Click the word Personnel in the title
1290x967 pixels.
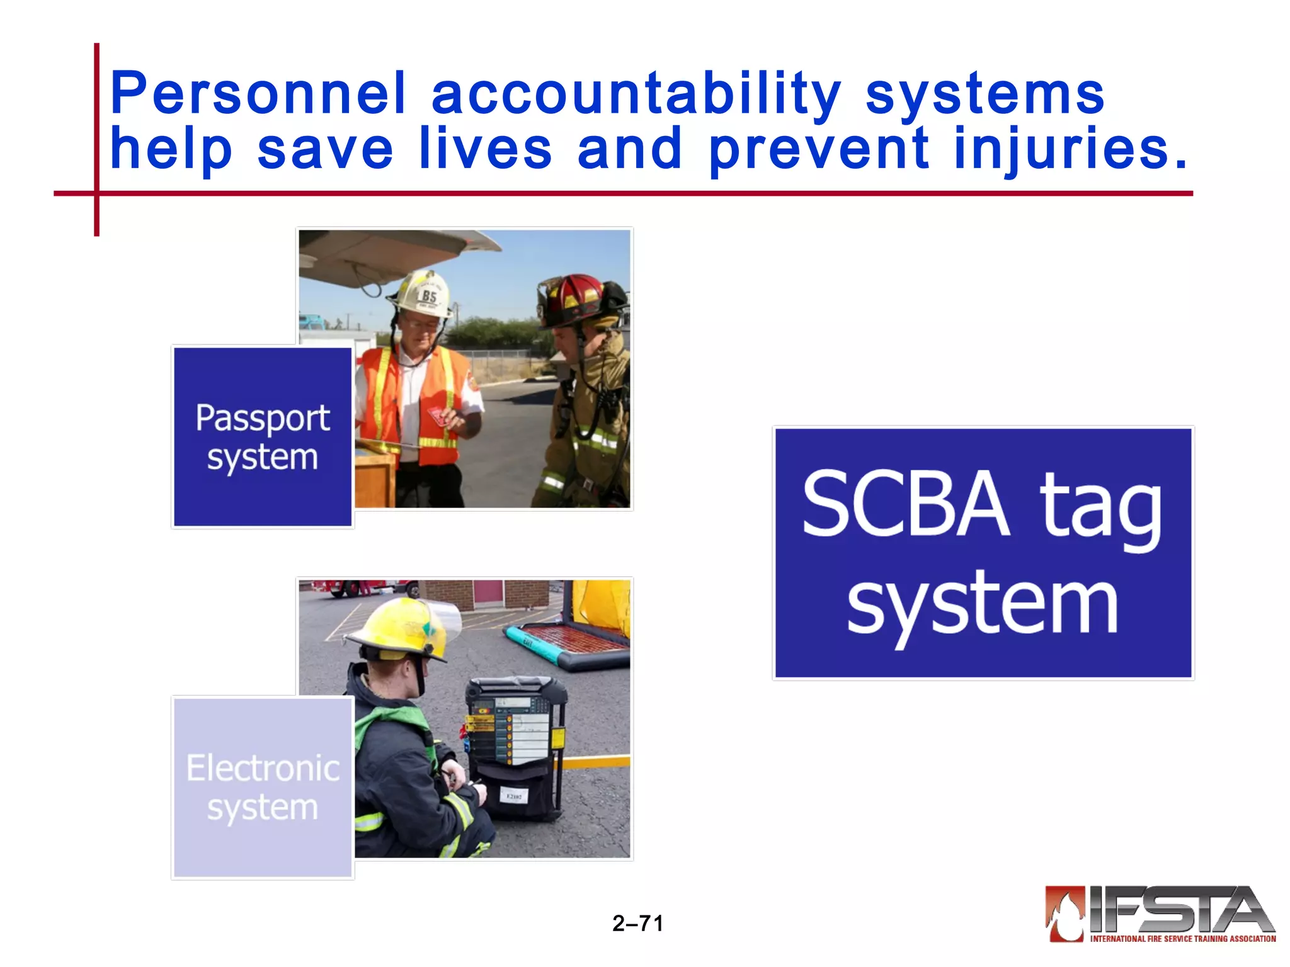258,94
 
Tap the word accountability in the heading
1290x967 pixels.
636,94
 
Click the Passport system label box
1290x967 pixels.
263,437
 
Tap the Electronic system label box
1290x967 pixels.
263,787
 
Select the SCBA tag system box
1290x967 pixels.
983,553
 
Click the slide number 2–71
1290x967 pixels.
637,924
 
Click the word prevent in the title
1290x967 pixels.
819,149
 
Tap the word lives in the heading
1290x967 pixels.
485,149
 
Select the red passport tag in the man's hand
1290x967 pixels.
437,416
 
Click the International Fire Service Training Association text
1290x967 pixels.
1182,939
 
